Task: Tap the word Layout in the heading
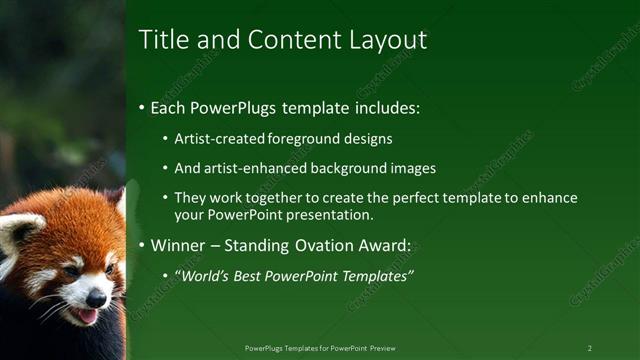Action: click(386, 40)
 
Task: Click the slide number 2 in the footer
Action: click(590, 348)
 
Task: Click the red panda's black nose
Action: click(96, 298)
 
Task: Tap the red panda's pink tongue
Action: click(88, 316)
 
